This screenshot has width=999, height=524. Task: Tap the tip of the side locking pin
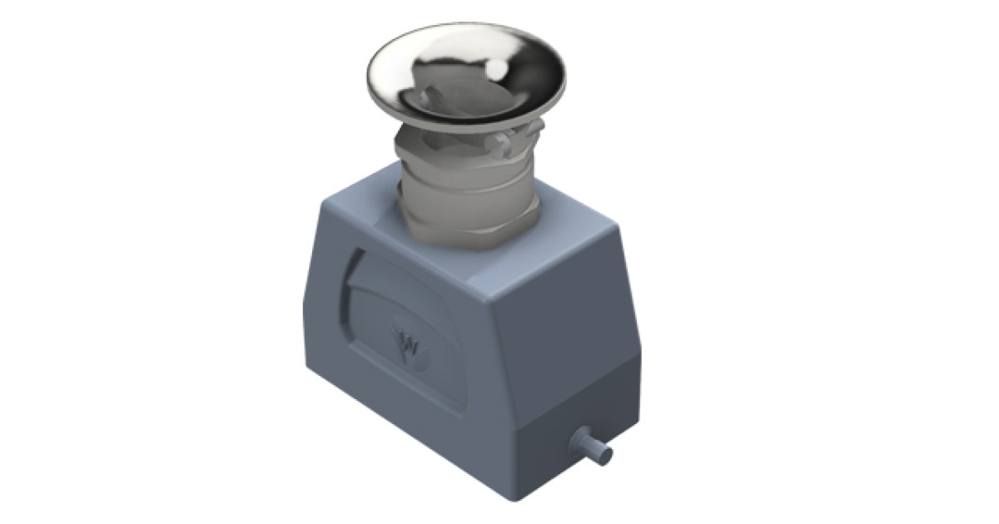pos(606,455)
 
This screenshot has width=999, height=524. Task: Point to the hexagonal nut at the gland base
pos(466,232)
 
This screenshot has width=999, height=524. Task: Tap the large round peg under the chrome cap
pos(499,146)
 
